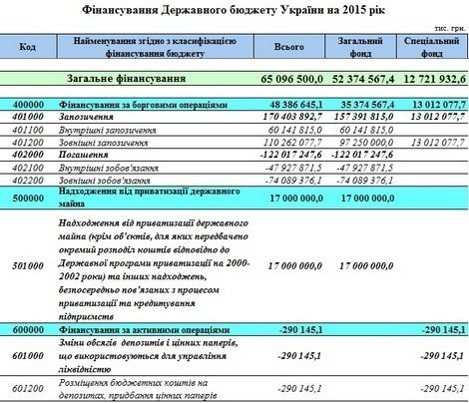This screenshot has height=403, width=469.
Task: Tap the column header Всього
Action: (x=282, y=48)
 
